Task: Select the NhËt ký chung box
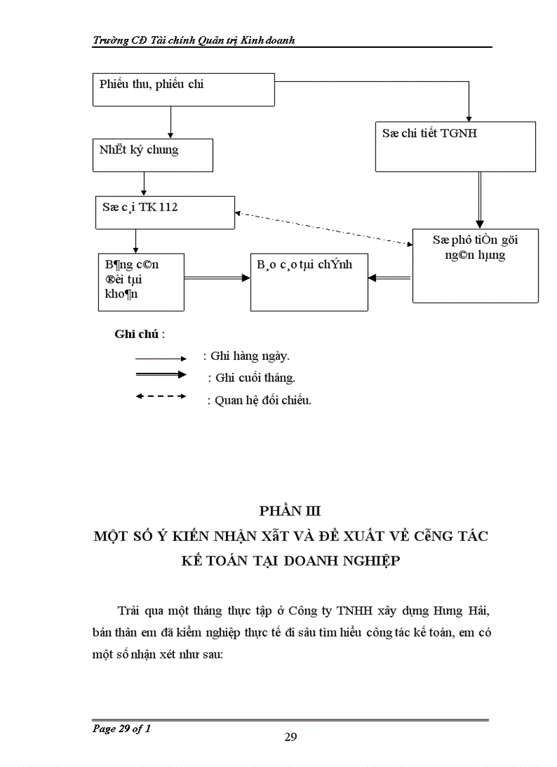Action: [x=153, y=155]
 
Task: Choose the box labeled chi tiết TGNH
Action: [x=455, y=145]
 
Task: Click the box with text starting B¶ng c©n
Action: [x=141, y=281]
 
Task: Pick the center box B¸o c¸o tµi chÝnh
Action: [x=309, y=281]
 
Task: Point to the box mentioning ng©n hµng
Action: [x=475, y=265]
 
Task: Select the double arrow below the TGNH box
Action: [x=480, y=199]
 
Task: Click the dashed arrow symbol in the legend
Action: [x=161, y=396]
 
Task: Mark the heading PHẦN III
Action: [x=290, y=511]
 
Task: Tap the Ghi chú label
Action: [x=139, y=335]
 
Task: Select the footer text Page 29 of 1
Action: [x=122, y=729]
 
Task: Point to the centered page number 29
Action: [x=290, y=737]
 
